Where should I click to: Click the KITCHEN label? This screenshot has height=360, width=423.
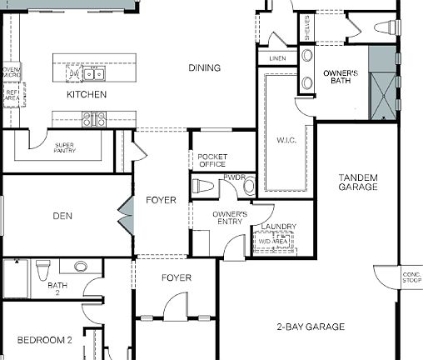pos(87,94)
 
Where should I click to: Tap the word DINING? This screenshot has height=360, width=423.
pos(204,68)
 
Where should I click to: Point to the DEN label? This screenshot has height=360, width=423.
pos(62,216)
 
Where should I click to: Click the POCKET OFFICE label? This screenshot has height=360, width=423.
pos(212,160)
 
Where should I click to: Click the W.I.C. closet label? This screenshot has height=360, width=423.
pos(287,140)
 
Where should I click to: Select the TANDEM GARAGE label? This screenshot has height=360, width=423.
pos(358,182)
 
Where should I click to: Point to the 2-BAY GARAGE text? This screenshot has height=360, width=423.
pos(311,327)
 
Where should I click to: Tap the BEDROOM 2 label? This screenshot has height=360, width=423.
pos(46,340)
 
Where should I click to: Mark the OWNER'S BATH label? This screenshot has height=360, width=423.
pos(341,77)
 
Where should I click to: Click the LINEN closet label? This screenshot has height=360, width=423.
pos(277,58)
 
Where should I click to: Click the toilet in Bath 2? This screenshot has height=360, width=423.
pos(42,267)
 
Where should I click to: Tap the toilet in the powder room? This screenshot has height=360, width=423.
pos(248,187)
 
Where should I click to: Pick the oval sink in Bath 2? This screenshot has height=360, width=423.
pos(81,267)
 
